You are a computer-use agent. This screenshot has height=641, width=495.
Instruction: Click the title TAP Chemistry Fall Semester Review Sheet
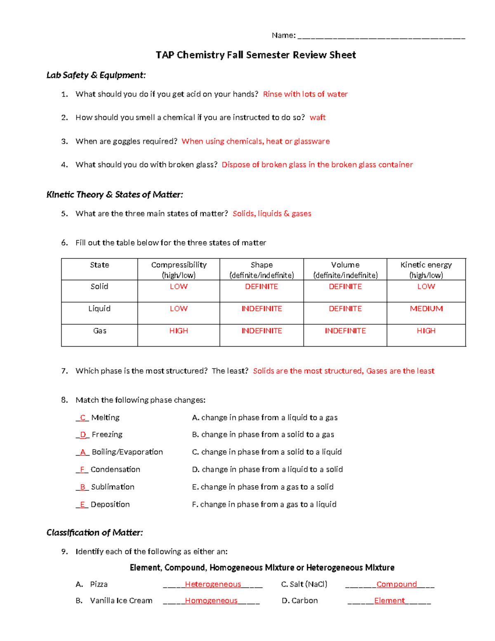pos(255,55)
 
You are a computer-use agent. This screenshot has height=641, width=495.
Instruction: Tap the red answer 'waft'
pos(317,118)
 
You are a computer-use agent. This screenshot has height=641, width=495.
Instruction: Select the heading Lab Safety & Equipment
pos(96,75)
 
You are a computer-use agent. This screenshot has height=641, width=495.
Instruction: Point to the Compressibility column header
pos(179,270)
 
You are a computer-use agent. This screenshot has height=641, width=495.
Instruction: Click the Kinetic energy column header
pos(426,270)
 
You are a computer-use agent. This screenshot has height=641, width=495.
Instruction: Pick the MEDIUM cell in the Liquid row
pos(426,309)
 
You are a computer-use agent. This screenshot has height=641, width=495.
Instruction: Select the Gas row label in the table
pos(99,331)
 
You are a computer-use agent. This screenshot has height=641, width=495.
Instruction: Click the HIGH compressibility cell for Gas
pos(179,331)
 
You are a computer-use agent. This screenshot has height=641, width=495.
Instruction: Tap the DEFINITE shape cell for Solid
pos(262,286)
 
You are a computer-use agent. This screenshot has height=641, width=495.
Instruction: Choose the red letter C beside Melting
pos(82,418)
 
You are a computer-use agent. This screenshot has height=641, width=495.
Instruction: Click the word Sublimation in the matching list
pos(113,487)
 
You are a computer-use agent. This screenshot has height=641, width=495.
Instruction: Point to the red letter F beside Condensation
pos(82,470)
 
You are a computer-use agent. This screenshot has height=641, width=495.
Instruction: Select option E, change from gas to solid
pos(263,487)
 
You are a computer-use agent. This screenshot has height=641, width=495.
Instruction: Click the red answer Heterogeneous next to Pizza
pos(213,584)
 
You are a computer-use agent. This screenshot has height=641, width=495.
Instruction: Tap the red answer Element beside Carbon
pos(389,601)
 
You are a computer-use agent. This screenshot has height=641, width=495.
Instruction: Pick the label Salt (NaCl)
pos(304,584)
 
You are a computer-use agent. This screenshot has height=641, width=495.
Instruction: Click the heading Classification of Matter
pos(94,533)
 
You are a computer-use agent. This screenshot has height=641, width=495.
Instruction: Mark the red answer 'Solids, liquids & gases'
pos(272,214)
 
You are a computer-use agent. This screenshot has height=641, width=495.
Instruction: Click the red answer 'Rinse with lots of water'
pos(305,94)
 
